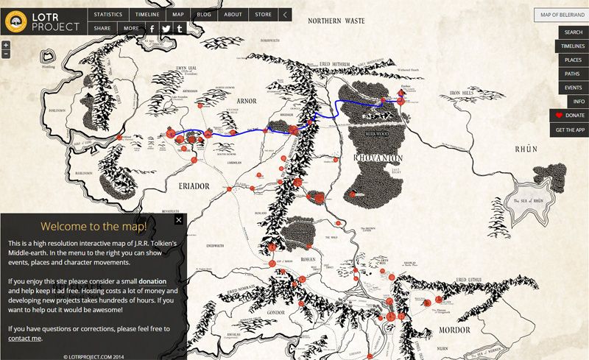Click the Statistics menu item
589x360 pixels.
click(x=108, y=14)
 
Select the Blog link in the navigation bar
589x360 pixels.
click(x=204, y=14)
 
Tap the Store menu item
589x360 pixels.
click(x=263, y=14)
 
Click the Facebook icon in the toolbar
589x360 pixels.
click(x=152, y=29)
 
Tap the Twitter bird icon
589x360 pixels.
click(x=166, y=29)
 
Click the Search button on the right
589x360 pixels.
click(x=573, y=32)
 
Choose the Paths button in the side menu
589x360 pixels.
click(x=572, y=74)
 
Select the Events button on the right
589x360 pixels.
click(x=573, y=88)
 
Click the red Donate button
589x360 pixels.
click(x=569, y=116)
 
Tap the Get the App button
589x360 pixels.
click(x=570, y=130)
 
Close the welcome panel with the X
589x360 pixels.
click(x=178, y=219)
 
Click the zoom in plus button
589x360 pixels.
click(x=6, y=45)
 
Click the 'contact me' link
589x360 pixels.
click(x=24, y=338)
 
